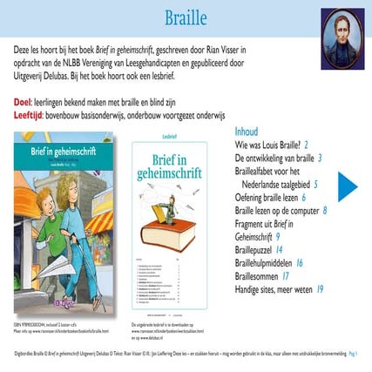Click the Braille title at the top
pyautogui.click(x=185, y=18)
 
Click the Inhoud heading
pyautogui.click(x=247, y=132)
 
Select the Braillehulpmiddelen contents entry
pyautogui.click(x=264, y=263)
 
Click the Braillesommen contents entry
pyautogui.click(x=258, y=276)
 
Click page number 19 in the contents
pyautogui.click(x=321, y=289)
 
